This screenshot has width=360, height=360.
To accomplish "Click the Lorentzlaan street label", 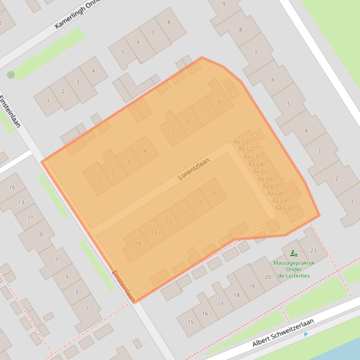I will tap(193, 169).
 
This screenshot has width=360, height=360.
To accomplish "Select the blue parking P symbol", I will tap(306, 335).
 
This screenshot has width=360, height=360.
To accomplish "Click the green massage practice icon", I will tap(294, 253).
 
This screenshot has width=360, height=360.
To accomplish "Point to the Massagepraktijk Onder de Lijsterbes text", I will tap(294, 269).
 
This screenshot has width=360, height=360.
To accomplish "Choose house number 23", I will tap(313, 251).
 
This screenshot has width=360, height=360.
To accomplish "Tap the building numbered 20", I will tap(267, 277).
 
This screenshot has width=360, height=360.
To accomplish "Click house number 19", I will tap(251, 287).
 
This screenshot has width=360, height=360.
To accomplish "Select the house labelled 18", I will tap(236, 295).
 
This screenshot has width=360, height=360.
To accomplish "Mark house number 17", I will tap(220, 304).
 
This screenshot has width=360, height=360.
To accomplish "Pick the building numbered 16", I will tap(205, 313).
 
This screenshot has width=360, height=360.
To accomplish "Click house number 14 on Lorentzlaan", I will tap(138, 243).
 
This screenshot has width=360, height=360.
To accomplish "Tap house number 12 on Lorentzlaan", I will tap(169, 222).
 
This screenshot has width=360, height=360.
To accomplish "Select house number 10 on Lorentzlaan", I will tap(199, 202).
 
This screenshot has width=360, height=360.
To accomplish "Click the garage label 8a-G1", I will tap(241, 142).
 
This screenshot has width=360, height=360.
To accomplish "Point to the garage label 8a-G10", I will tap(284, 208).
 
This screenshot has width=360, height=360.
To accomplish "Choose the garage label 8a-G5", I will tap(260, 172).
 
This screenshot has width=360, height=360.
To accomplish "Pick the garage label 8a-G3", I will tap(251, 157).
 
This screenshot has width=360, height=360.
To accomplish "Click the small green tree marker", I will tap(11, 75).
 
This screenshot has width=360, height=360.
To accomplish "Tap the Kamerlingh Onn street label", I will tap(78, 14).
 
